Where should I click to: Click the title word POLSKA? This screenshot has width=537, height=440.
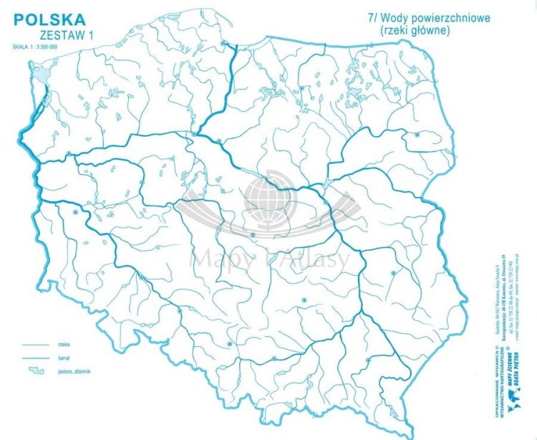click(49, 19)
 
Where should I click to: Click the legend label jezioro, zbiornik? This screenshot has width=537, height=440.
click(70, 370)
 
